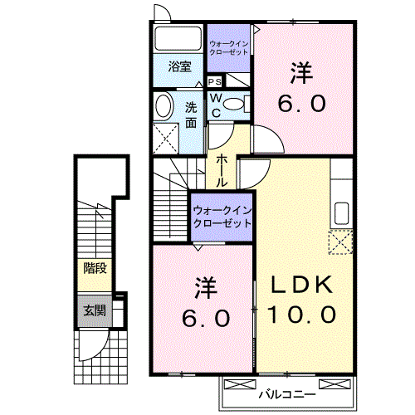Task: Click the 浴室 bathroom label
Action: click(179, 66)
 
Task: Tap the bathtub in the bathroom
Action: click(178, 38)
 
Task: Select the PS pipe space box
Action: click(215, 81)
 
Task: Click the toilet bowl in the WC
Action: click(233, 105)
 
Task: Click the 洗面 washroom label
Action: click(191, 115)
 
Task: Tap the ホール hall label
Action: click(222, 171)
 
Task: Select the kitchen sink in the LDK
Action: click(342, 213)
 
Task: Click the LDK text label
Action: click(302, 285)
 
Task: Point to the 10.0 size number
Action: click(302, 315)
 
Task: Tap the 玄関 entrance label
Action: click(95, 310)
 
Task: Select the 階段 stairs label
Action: click(95, 268)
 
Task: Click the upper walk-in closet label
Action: click(228, 48)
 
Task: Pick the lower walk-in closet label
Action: click(222, 217)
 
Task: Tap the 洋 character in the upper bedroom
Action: click(301, 73)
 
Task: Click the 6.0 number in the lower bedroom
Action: click(206, 318)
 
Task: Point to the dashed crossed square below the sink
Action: click(340, 242)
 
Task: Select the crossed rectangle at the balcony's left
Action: click(240, 384)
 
